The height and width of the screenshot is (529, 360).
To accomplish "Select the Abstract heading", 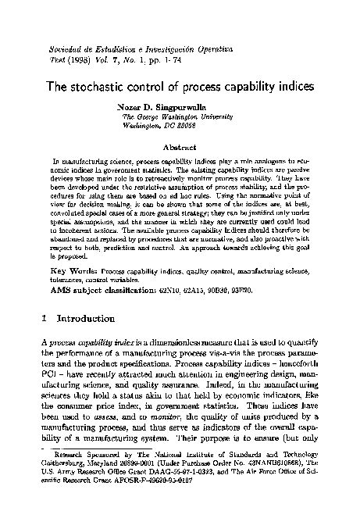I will (180, 145).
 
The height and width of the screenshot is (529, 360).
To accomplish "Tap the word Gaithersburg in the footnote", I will (61, 484).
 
